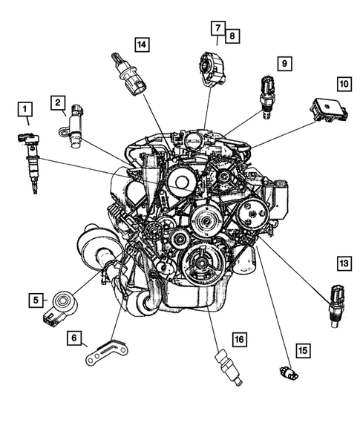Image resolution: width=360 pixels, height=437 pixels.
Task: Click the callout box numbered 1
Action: [25, 109]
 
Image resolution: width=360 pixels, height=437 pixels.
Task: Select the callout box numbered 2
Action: [58, 102]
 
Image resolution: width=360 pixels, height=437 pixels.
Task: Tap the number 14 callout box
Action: [142, 45]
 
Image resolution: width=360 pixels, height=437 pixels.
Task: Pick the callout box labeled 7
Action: [217, 28]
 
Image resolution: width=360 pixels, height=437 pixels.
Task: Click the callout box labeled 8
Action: [232, 36]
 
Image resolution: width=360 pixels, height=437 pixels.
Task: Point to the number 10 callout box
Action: [344, 84]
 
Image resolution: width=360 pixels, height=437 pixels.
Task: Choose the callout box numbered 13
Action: [344, 263]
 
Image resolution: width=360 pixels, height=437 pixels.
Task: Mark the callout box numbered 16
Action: [240, 340]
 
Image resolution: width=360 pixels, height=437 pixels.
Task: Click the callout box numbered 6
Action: [74, 338]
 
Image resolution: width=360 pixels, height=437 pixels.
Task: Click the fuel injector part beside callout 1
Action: [30, 162]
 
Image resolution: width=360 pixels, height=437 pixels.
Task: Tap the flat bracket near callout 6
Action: [107, 352]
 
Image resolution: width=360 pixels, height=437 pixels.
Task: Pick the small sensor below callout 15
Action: [289, 372]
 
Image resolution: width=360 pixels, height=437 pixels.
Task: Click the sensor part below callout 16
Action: [229, 367]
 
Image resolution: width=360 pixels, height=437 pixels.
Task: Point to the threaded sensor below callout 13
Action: [337, 306]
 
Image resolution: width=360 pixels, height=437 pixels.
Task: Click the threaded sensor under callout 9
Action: [268, 96]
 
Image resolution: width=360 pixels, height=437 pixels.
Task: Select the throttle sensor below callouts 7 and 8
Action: [212, 69]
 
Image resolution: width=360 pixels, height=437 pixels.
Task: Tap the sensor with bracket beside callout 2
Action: [72, 126]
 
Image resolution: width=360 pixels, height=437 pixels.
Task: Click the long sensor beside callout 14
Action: [129, 74]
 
